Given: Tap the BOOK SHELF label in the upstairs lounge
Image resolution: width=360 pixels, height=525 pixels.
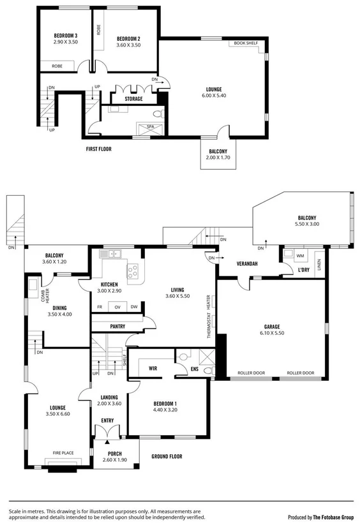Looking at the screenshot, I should click(246, 43).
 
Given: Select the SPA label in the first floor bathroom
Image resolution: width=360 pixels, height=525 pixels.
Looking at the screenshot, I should click(151, 126).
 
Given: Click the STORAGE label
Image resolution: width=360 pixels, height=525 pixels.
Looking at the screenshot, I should click(133, 99).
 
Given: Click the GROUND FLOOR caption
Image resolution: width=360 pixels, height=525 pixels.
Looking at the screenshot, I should click(167, 456).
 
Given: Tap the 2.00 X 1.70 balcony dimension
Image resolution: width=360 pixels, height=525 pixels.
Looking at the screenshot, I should click(218, 158).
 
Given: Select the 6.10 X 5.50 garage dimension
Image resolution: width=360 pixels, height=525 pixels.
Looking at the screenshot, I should click(271, 333).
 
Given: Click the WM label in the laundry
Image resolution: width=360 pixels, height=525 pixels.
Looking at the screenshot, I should click(301, 256).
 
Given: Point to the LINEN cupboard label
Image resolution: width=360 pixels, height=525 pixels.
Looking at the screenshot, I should click(319, 261).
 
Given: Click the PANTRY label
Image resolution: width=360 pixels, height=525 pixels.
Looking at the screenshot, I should click(117, 326).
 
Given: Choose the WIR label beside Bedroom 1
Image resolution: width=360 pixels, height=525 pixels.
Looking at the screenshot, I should click(153, 369).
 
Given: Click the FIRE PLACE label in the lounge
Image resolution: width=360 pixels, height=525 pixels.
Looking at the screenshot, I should click(63, 453).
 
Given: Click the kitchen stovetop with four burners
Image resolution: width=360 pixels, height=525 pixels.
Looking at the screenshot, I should click(133, 271).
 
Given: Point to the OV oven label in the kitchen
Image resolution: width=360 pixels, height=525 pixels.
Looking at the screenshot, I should click(117, 307).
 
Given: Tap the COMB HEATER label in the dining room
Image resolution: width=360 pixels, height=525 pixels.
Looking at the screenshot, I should click(44, 295).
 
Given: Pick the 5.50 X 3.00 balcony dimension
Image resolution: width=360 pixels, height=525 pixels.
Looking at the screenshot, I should click(306, 225).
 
